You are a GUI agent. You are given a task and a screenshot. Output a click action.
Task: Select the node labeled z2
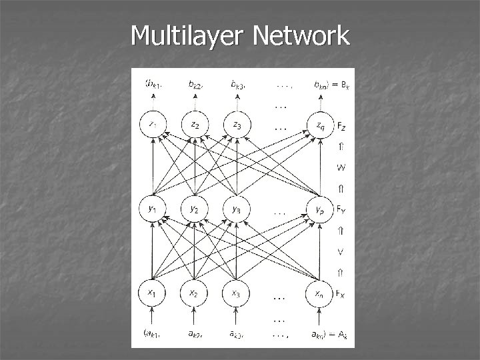195,125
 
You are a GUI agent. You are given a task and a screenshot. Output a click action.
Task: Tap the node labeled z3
237,125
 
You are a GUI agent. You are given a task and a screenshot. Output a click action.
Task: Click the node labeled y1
153,209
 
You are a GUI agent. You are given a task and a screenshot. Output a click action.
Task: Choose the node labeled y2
195,209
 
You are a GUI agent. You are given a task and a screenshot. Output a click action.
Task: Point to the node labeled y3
237,209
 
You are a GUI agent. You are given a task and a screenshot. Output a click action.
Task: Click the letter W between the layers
341,167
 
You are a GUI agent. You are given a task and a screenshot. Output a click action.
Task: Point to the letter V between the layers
341,251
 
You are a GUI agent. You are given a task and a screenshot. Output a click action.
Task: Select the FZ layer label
341,125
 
